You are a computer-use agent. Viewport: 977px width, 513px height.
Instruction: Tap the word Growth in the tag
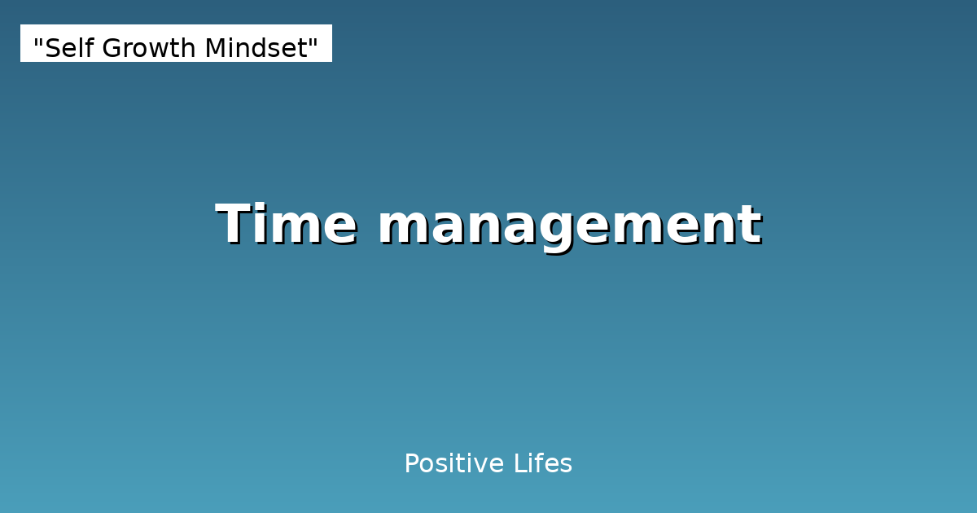point(150,49)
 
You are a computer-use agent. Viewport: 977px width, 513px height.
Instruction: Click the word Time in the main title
point(286,225)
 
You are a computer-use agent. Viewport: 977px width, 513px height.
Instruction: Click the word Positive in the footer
point(454,464)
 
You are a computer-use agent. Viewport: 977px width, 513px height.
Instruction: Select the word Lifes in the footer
point(543,464)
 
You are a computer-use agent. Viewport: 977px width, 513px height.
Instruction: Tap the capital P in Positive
point(411,464)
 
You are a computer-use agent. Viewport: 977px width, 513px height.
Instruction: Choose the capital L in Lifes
point(519,464)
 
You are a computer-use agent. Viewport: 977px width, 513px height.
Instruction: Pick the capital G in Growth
point(112,49)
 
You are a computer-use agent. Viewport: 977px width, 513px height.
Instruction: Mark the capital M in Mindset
point(213,49)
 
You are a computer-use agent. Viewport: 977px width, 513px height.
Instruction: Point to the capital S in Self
point(51,49)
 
